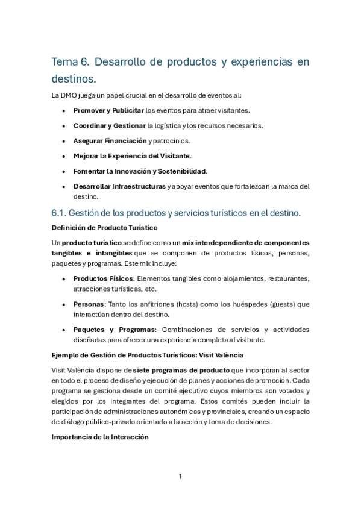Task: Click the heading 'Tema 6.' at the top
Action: (71, 61)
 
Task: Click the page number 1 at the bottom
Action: (180, 477)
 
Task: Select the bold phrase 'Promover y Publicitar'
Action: (108, 111)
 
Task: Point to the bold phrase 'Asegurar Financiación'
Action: (110, 141)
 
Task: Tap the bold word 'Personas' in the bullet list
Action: (89, 304)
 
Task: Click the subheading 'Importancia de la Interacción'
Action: (100, 438)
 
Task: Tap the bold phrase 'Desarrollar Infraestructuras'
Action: (119, 186)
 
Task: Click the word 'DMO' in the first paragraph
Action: (70, 95)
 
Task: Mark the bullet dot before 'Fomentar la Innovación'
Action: (64, 171)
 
